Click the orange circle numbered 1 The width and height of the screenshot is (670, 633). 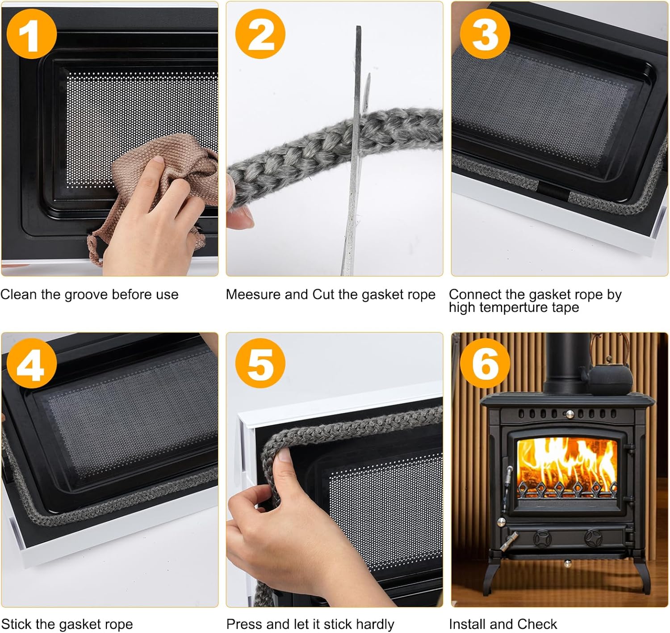click(x=32, y=34)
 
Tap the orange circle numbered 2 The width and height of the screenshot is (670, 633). click(x=260, y=34)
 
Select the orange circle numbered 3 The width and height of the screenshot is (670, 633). click(x=485, y=34)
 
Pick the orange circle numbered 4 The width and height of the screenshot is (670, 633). click(x=32, y=363)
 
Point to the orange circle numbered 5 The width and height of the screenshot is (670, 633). click(x=260, y=363)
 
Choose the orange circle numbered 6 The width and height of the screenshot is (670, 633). click(x=485, y=363)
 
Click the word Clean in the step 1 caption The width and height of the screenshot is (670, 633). click(x=19, y=294)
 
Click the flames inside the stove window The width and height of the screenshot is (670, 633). click(x=567, y=465)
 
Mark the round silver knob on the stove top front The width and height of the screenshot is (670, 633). click(x=569, y=414)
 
